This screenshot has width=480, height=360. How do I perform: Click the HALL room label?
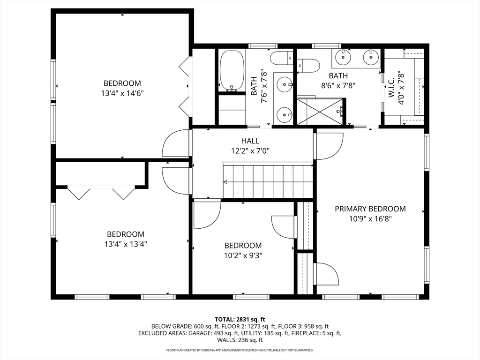point(250,141)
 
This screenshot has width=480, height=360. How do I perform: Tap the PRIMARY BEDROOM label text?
point(370,209)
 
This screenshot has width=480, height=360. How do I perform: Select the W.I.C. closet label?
point(391,89)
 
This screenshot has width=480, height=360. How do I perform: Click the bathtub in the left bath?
point(232,70)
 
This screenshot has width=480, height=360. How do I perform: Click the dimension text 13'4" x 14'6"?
point(122,93)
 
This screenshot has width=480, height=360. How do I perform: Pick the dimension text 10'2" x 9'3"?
point(243,255)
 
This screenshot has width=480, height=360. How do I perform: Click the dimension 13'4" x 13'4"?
point(126,244)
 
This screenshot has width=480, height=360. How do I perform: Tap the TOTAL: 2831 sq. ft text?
point(240,320)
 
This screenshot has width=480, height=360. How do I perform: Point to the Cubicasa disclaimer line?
point(240,350)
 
